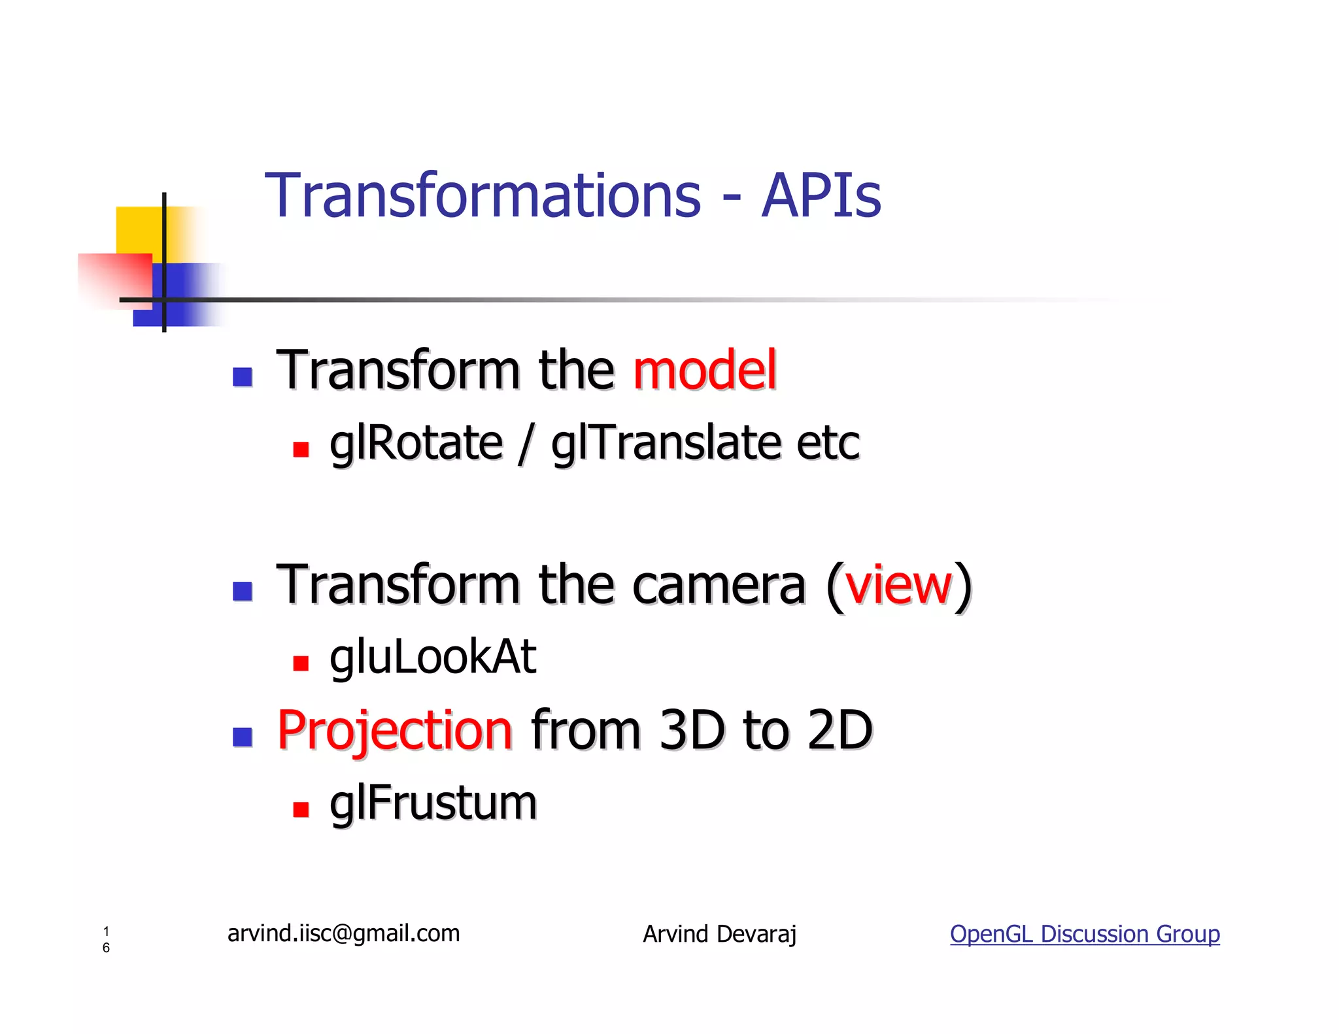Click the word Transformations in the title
483,196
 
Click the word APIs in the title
821,196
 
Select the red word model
705,371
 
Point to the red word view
898,585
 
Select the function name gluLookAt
432,658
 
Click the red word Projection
395,731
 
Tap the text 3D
692,731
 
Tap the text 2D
839,731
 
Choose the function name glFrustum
433,804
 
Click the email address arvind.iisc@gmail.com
343,933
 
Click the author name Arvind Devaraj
719,934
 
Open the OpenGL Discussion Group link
1085,934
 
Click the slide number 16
106,939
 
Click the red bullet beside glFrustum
301,810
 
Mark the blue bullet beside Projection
243,737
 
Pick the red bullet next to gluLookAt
301,664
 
